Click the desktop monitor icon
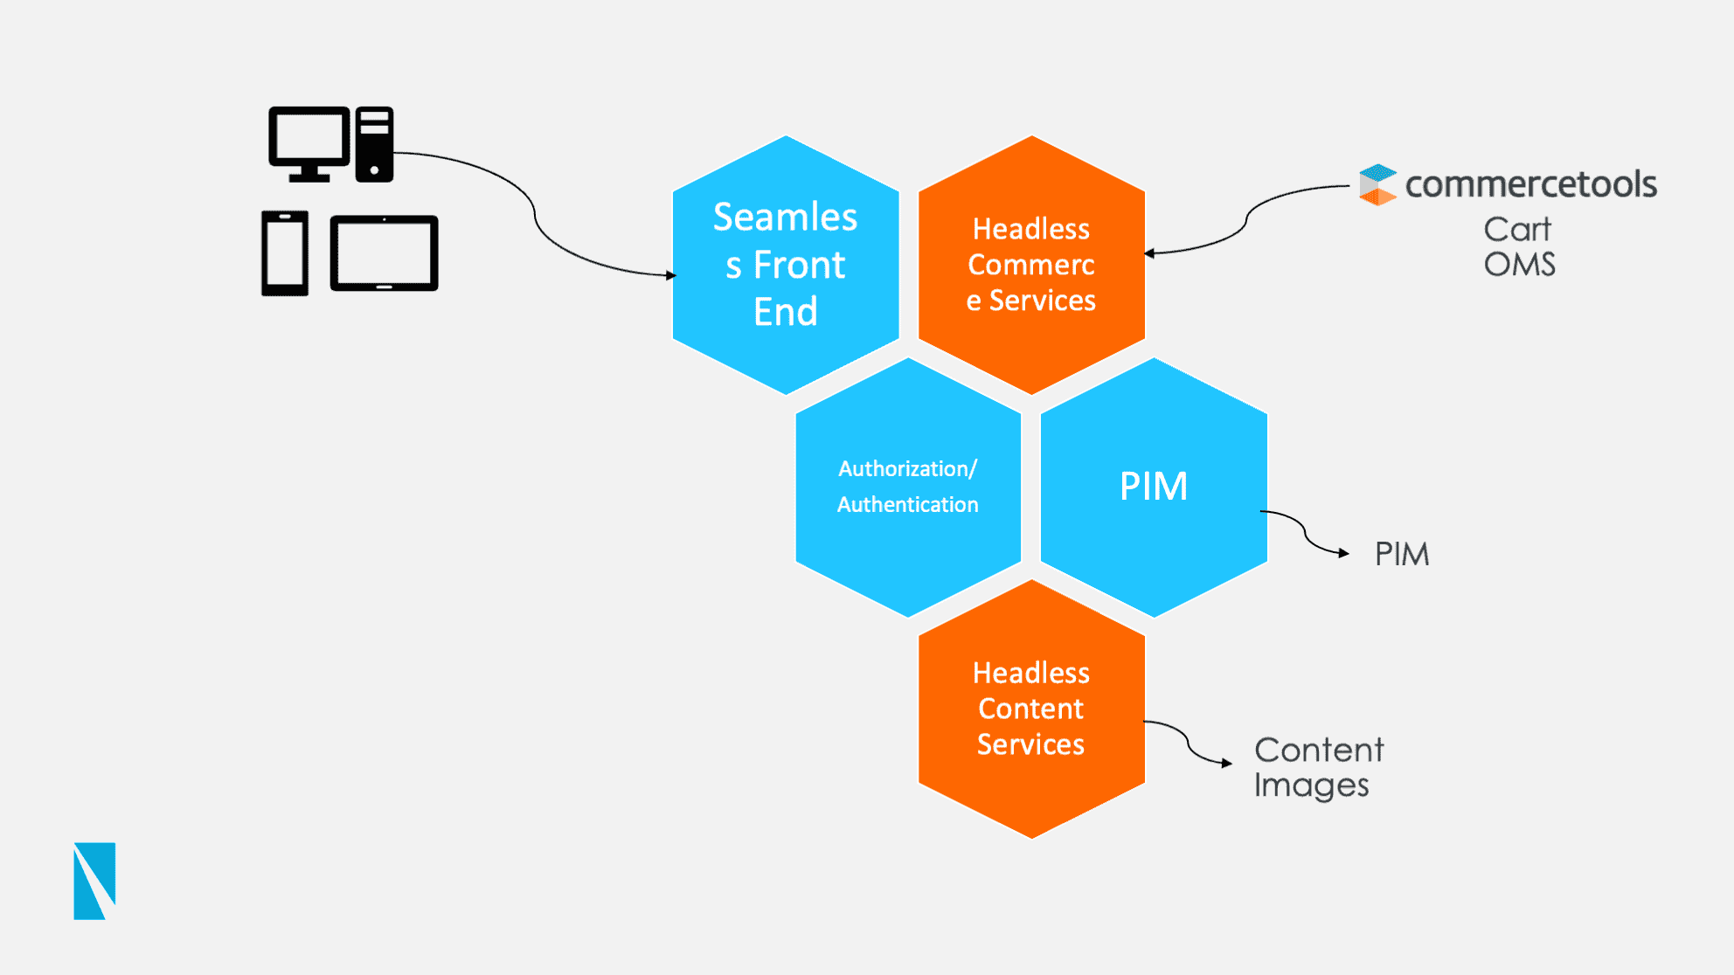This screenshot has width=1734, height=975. (309, 142)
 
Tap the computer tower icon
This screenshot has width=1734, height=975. (375, 144)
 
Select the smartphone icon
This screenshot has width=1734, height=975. (285, 252)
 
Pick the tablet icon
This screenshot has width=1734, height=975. (384, 253)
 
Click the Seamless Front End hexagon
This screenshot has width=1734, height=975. (786, 265)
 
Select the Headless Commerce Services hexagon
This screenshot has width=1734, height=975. (1031, 265)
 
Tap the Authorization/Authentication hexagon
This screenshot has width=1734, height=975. (908, 487)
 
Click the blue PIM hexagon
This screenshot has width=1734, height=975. (1154, 487)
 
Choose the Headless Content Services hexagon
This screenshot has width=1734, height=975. (1031, 709)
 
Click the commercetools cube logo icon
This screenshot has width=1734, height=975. (1377, 185)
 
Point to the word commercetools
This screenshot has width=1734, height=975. (1530, 184)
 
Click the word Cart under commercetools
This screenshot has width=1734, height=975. (1517, 230)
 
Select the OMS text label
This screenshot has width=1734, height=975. (1520, 264)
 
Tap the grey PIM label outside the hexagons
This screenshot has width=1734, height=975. (1402, 554)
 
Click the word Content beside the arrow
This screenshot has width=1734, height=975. (1319, 750)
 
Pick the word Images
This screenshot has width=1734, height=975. (1311, 785)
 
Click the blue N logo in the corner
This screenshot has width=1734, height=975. (94, 881)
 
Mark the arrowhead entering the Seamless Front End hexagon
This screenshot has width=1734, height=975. (671, 275)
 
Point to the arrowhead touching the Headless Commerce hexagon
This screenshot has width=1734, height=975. (1149, 253)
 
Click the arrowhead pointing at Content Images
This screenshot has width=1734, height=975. (1227, 763)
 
